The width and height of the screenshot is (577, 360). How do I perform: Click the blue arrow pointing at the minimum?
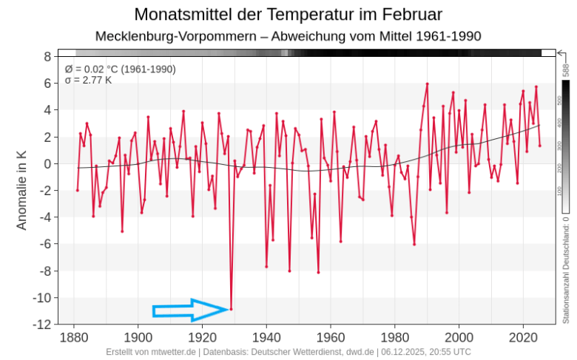[x=191, y=310]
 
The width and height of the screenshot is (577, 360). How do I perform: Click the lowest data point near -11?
[x=232, y=309]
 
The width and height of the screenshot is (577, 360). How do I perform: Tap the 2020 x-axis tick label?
[x=524, y=337]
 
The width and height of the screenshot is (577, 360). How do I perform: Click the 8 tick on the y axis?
[x=47, y=56]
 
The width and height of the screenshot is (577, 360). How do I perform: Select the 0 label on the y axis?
[x=47, y=163]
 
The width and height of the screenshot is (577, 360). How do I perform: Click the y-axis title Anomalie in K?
[x=21, y=190]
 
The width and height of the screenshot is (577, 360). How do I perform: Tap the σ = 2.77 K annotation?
[x=88, y=80]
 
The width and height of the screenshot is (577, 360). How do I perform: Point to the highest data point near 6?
[x=428, y=84]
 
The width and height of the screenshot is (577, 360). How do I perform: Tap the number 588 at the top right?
[x=566, y=71]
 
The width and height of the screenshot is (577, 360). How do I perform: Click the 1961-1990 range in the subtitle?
[x=448, y=35]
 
